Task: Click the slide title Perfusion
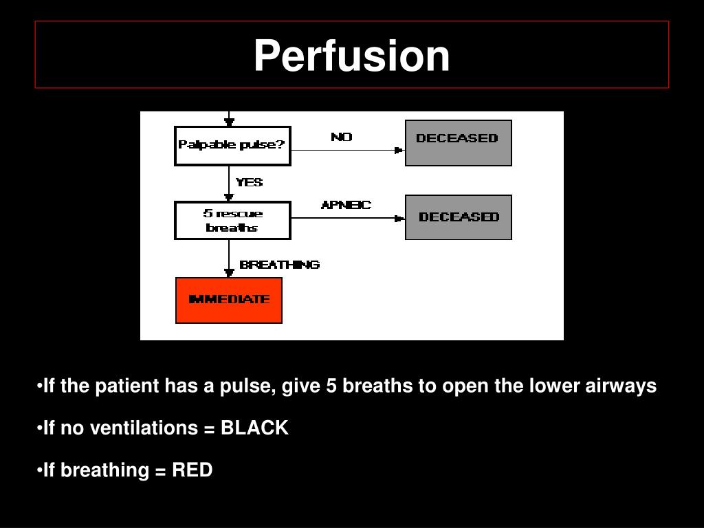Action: pyautogui.click(x=351, y=56)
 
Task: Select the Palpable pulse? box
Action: pyautogui.click(x=232, y=145)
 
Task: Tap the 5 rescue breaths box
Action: pyautogui.click(x=232, y=220)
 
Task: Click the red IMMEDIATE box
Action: pyautogui.click(x=229, y=300)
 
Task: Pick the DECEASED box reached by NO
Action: pyautogui.click(x=458, y=142)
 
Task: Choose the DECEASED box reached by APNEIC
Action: pyautogui.click(x=458, y=217)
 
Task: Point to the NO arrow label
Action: pyautogui.click(x=342, y=137)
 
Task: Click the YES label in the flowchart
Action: pyautogui.click(x=249, y=183)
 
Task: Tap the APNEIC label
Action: pyautogui.click(x=346, y=205)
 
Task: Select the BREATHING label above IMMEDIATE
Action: pyautogui.click(x=279, y=265)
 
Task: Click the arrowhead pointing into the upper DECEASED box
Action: pyautogui.click(x=399, y=150)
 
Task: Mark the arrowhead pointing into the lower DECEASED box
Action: pyautogui.click(x=399, y=219)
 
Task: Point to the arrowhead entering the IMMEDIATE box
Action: pyautogui.click(x=229, y=273)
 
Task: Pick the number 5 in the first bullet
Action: pyautogui.click(x=331, y=386)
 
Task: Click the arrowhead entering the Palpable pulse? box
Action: pyautogui.click(x=229, y=122)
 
